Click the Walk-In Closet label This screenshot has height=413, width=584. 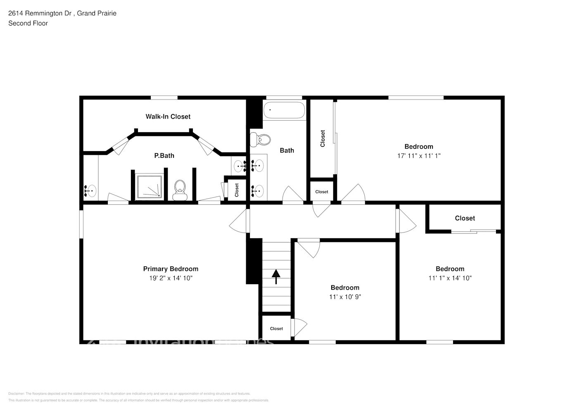pyautogui.click(x=168, y=116)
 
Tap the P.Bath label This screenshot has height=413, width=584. pyautogui.click(x=164, y=156)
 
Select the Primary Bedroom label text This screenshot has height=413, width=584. pyautogui.click(x=171, y=269)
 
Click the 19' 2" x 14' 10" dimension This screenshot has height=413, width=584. pyautogui.click(x=171, y=278)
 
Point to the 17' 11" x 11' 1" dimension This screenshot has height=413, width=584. pyautogui.click(x=418, y=156)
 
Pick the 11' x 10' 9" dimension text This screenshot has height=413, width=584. pyautogui.click(x=344, y=297)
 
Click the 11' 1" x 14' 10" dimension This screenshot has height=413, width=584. pyautogui.click(x=450, y=278)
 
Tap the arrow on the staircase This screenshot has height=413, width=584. pyautogui.click(x=276, y=276)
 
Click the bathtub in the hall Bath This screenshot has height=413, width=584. pyautogui.click(x=284, y=110)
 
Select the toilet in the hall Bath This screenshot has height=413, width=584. pyautogui.click(x=261, y=140)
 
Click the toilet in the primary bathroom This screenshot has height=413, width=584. pyautogui.click(x=180, y=190)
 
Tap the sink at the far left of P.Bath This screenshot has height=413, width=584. pyautogui.click(x=90, y=191)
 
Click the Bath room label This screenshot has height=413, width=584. pyautogui.click(x=287, y=150)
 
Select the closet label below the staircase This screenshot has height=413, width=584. pyautogui.click(x=276, y=329)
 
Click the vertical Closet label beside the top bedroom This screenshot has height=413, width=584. pyautogui.click(x=323, y=138)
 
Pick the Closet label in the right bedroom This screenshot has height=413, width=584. pyautogui.click(x=465, y=218)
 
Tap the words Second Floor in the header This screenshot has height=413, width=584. pyautogui.click(x=28, y=23)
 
